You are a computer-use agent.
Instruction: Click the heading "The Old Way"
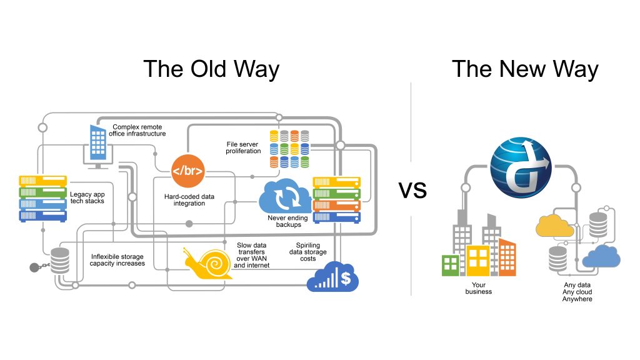click(x=211, y=69)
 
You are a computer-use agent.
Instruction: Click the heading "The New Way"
click(x=525, y=69)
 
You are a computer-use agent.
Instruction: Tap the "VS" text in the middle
click(x=413, y=190)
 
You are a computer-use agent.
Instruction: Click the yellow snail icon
click(x=208, y=264)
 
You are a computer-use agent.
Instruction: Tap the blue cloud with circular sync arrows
click(x=285, y=196)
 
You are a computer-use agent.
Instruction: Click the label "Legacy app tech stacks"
click(x=87, y=197)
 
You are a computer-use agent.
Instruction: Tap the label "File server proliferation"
click(x=243, y=147)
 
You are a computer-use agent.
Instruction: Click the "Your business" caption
click(x=479, y=288)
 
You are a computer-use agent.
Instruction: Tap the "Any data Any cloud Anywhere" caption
click(x=577, y=292)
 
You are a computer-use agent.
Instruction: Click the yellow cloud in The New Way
click(x=554, y=226)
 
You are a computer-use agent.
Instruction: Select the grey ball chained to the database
click(x=34, y=267)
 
